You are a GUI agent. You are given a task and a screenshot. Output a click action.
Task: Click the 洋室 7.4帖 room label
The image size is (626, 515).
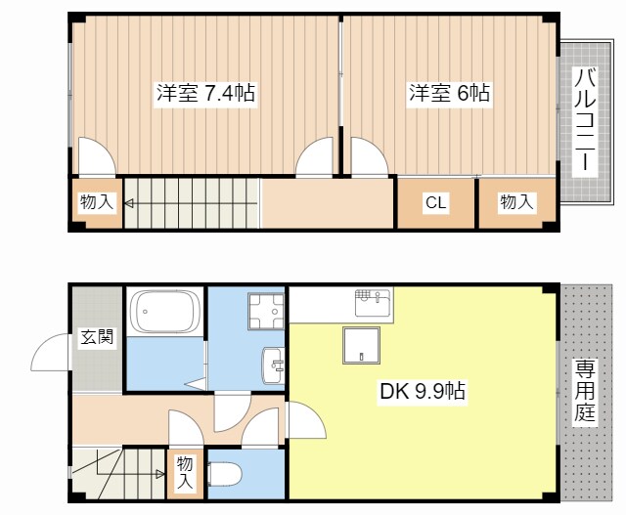coord(205,94)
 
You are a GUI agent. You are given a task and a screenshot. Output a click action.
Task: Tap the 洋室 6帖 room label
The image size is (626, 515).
coord(449,94)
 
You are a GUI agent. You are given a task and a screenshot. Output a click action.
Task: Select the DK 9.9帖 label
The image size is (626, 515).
coord(422,393)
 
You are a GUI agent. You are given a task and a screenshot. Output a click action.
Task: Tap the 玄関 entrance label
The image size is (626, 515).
coord(96,338)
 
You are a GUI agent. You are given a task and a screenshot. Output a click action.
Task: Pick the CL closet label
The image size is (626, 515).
coord(435,203)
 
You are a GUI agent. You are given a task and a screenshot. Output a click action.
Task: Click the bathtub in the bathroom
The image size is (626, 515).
coord(165,312)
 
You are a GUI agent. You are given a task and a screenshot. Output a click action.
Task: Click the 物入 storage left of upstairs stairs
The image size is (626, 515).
coord(97,203)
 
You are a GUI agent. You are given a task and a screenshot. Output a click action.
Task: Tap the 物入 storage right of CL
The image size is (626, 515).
coord(516,202)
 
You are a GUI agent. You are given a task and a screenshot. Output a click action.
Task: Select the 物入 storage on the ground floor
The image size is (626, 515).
coord(185,474)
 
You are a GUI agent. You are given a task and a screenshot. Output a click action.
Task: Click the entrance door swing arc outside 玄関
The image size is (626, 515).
coord(51,355)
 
